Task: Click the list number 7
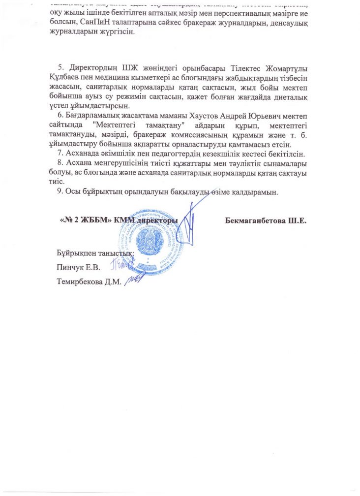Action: [x=60, y=153]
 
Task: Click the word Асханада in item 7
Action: [x=82, y=153]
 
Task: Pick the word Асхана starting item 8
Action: [x=79, y=162]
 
